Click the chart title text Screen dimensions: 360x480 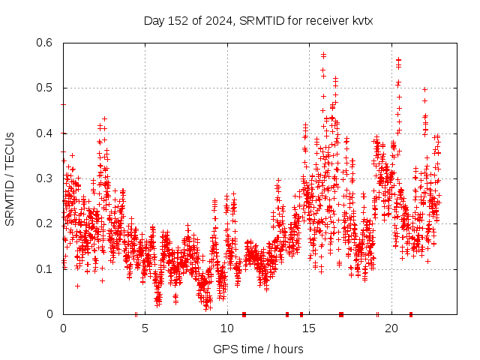pos(258,21)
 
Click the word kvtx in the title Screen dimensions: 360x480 pos(360,21)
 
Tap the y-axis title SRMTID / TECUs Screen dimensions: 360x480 pos(10,178)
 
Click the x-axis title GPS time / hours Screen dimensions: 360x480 pos(258,349)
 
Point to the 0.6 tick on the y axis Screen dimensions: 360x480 pos(46,43)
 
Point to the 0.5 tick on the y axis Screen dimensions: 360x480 pos(46,88)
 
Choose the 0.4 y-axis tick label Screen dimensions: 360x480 pos(46,133)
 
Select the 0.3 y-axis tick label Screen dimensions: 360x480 pos(46,178)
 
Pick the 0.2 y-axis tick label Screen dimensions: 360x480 pos(46,223)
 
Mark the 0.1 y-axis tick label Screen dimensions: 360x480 pos(46,269)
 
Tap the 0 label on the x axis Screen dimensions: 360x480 pos(63,328)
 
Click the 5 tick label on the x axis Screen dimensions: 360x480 pos(145,328)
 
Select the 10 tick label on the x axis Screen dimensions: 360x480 pos(227,328)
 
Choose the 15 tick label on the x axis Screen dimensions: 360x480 pos(309,328)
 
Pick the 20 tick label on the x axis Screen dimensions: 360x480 pos(391,328)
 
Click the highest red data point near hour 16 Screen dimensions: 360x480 pos(323,55)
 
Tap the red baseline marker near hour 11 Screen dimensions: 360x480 pos(244,314)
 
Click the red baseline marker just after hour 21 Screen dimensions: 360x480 pos(411,314)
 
